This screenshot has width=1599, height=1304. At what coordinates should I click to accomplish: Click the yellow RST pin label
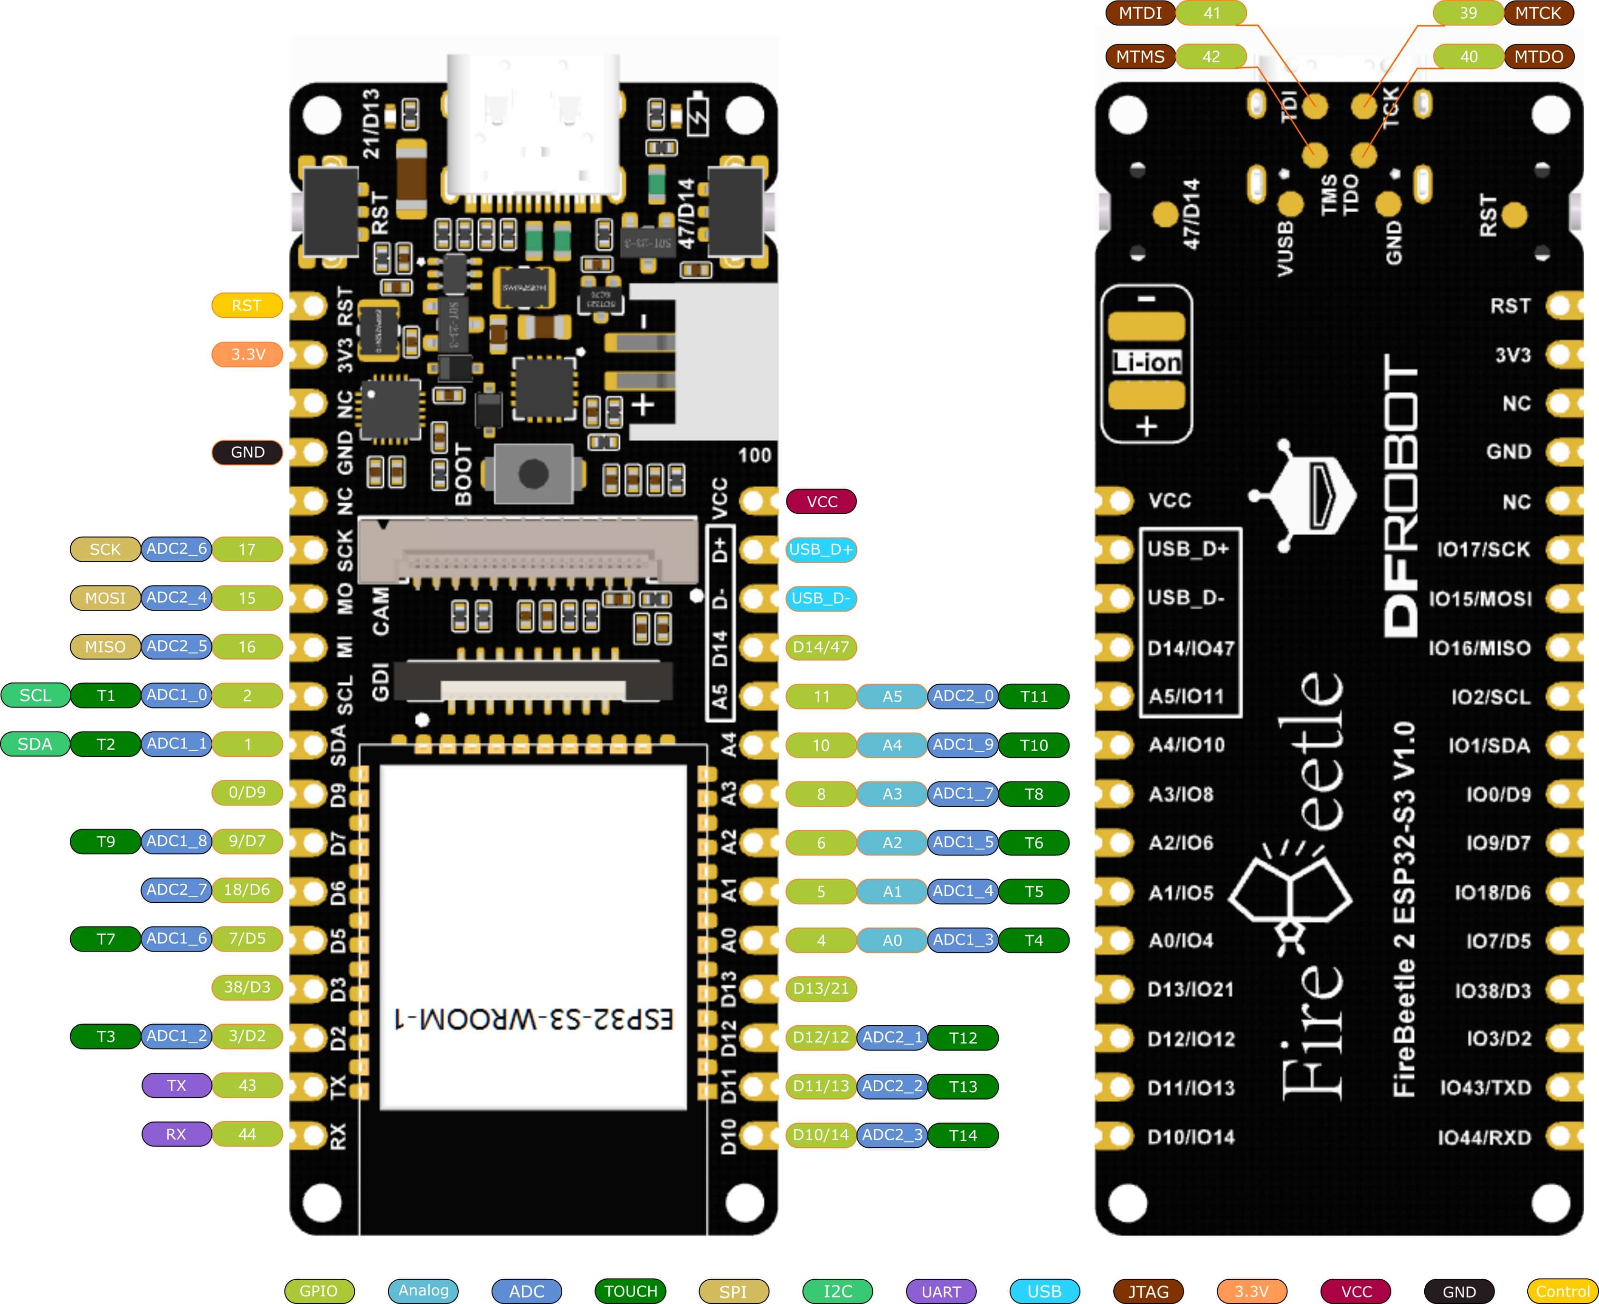click(x=246, y=306)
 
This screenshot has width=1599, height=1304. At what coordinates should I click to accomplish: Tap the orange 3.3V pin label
click(x=247, y=355)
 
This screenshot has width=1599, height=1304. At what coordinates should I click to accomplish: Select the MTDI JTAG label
click(x=1140, y=13)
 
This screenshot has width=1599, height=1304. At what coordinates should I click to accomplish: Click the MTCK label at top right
click(x=1538, y=13)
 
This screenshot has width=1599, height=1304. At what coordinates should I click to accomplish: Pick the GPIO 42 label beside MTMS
click(x=1211, y=57)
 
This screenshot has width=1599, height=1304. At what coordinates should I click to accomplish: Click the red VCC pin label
click(x=821, y=502)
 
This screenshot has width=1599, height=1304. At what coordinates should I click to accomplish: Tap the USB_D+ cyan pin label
click(x=821, y=550)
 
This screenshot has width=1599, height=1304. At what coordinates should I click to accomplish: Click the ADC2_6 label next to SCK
click(x=177, y=549)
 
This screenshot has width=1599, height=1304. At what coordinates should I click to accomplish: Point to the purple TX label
click(x=177, y=1086)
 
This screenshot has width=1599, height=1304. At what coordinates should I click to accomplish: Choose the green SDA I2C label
click(x=35, y=745)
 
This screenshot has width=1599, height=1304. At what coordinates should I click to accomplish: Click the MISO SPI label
click(x=105, y=647)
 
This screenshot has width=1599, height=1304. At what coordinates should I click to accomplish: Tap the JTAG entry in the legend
click(x=1148, y=1291)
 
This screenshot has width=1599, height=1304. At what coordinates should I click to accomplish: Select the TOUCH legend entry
click(x=630, y=1291)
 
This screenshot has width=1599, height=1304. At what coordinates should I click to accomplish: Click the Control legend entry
click(x=1562, y=1291)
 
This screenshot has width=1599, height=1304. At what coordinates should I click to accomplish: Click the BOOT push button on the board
click(x=533, y=473)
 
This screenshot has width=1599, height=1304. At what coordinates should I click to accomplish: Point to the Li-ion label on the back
click(x=1146, y=363)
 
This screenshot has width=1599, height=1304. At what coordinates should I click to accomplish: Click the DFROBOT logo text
click(x=1401, y=496)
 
